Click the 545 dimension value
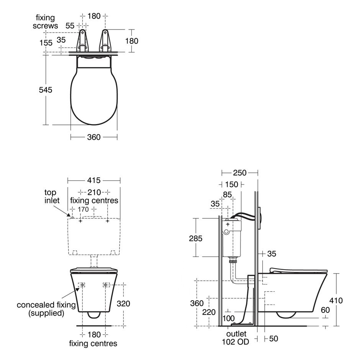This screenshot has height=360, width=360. pyautogui.click(x=45, y=90)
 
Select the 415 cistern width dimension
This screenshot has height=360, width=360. pyautogui.click(x=94, y=180)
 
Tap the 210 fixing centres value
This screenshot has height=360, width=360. pyautogui.click(x=94, y=192)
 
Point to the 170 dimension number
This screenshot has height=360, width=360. pyautogui.click(x=83, y=209)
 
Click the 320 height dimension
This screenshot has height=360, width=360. pyautogui.click(x=123, y=304)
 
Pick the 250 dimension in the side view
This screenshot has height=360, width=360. pyautogui.click(x=240, y=173)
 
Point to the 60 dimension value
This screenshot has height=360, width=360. pyautogui.click(x=325, y=310)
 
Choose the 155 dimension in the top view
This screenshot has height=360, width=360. pyautogui.click(x=46, y=43)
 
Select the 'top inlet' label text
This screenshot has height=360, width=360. pyautogui.click(x=50, y=196)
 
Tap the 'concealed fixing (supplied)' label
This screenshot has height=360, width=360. pyautogui.click(x=46, y=309)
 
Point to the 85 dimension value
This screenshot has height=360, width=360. pyautogui.click(x=227, y=195)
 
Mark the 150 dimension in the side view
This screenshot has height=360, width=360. pyautogui.click(x=231, y=185)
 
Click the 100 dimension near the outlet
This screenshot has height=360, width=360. pyautogui.click(x=228, y=319)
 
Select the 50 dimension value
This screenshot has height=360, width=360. pyautogui.click(x=273, y=339)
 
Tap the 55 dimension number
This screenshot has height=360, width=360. pyautogui.click(x=70, y=26)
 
